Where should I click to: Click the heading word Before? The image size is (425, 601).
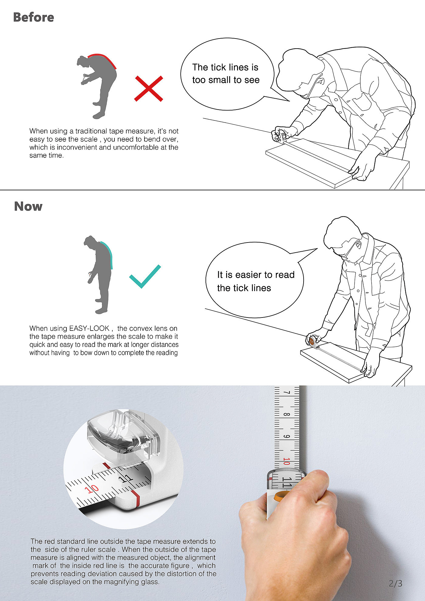tap(33, 17)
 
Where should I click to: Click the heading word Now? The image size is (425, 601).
tap(28, 206)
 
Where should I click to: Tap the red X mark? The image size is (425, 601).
tap(149, 88)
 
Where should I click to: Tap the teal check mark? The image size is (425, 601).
tap(145, 276)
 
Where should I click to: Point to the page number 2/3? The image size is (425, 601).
tap(395, 583)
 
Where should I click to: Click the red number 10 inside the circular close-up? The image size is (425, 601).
tap(91, 489)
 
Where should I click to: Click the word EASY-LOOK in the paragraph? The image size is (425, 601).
tap(89, 328)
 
